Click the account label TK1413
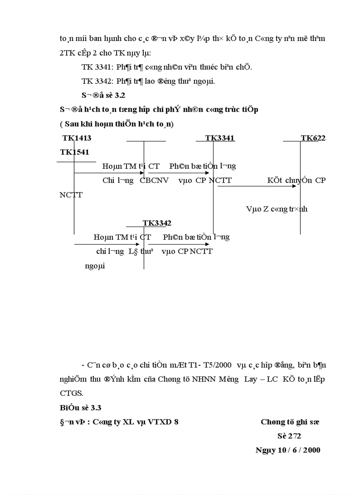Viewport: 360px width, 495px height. (x=77, y=138)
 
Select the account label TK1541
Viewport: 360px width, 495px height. (x=75, y=152)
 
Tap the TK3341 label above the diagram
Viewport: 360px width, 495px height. (x=220, y=138)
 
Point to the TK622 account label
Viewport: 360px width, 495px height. (x=313, y=138)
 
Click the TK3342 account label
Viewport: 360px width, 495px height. (x=157, y=223)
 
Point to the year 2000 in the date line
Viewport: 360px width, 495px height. (x=311, y=450)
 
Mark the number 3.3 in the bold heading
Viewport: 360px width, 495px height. (x=96, y=408)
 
